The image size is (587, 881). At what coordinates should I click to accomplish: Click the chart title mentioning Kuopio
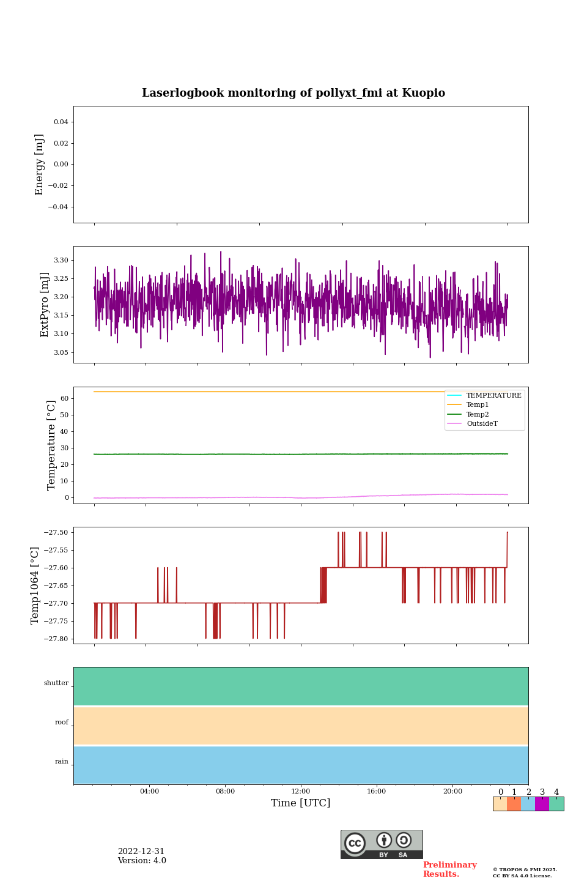pyautogui.click(x=293, y=93)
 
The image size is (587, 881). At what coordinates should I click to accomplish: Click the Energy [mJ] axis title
pyautogui.click(x=40, y=165)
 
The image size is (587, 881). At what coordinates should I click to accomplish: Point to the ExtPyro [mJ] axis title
pyautogui.click(x=45, y=305)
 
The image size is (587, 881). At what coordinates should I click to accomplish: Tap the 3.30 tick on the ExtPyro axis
pyautogui.click(x=61, y=260)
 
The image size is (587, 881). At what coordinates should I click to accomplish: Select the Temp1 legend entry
pyautogui.click(x=478, y=405)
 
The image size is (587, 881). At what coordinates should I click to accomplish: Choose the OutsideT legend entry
pyautogui.click(x=482, y=424)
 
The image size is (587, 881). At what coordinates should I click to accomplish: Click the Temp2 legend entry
pyautogui.click(x=478, y=414)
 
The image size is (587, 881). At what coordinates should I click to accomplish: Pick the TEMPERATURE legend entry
pyautogui.click(x=493, y=395)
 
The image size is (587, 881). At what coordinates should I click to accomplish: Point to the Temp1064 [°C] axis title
pyautogui.click(x=35, y=585)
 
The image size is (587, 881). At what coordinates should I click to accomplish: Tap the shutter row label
pyautogui.click(x=56, y=683)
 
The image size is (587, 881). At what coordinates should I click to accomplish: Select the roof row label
pyautogui.click(x=62, y=723)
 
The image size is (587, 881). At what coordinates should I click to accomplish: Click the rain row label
pyautogui.click(x=62, y=762)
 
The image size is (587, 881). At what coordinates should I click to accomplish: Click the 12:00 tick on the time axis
pyautogui.click(x=301, y=792)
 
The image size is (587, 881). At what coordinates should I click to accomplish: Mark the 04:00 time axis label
pyautogui.click(x=149, y=792)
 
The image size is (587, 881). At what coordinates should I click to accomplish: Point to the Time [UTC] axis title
pyautogui.click(x=301, y=803)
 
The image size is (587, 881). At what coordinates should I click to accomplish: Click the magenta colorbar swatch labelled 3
pyautogui.click(x=542, y=804)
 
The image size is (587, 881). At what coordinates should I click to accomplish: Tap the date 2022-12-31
pyautogui.click(x=141, y=852)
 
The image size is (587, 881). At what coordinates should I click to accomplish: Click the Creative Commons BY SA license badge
pyautogui.click(x=382, y=844)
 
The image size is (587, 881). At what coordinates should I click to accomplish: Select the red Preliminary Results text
pyautogui.click(x=449, y=869)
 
